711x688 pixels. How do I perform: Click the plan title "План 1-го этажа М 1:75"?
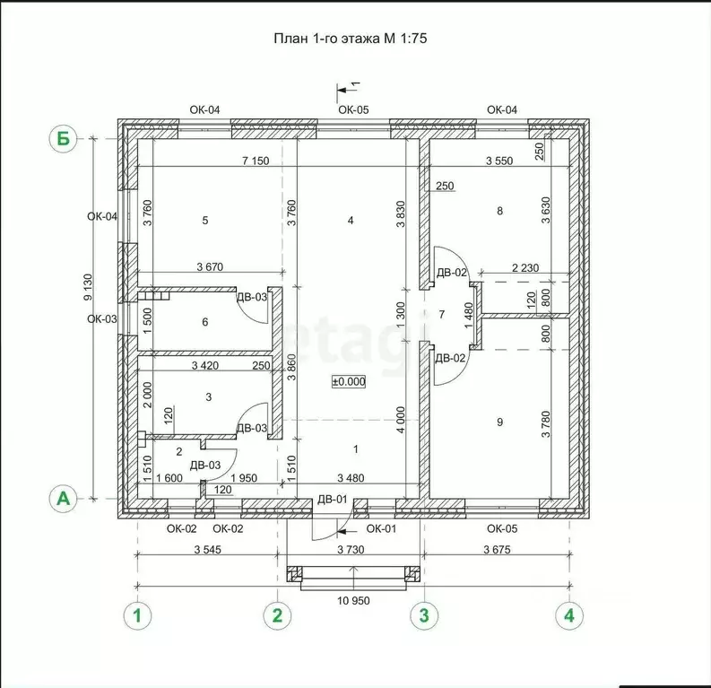click(350, 38)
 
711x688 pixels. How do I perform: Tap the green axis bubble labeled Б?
click(64, 138)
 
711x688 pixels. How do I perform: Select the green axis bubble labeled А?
click(64, 499)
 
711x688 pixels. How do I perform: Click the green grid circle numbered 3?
click(424, 615)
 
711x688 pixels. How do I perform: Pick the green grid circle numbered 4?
click(569, 615)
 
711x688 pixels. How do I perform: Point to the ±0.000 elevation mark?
click(349, 382)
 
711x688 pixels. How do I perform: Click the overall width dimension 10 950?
click(353, 600)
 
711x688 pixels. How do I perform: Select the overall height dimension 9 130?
click(88, 287)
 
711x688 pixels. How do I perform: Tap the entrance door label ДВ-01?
click(333, 500)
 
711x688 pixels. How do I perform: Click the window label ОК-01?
click(381, 528)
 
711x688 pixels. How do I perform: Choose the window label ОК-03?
click(102, 318)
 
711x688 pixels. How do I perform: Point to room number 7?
click(442, 314)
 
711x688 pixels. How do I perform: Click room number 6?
click(205, 321)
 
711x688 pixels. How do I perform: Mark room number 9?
click(499, 422)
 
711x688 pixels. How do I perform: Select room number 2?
click(179, 452)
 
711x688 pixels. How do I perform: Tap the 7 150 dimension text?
click(256, 161)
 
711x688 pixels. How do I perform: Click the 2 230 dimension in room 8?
click(525, 267)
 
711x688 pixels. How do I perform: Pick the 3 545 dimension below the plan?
click(208, 550)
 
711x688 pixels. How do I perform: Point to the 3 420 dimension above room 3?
click(205, 365)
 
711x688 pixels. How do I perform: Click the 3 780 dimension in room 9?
click(545, 424)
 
